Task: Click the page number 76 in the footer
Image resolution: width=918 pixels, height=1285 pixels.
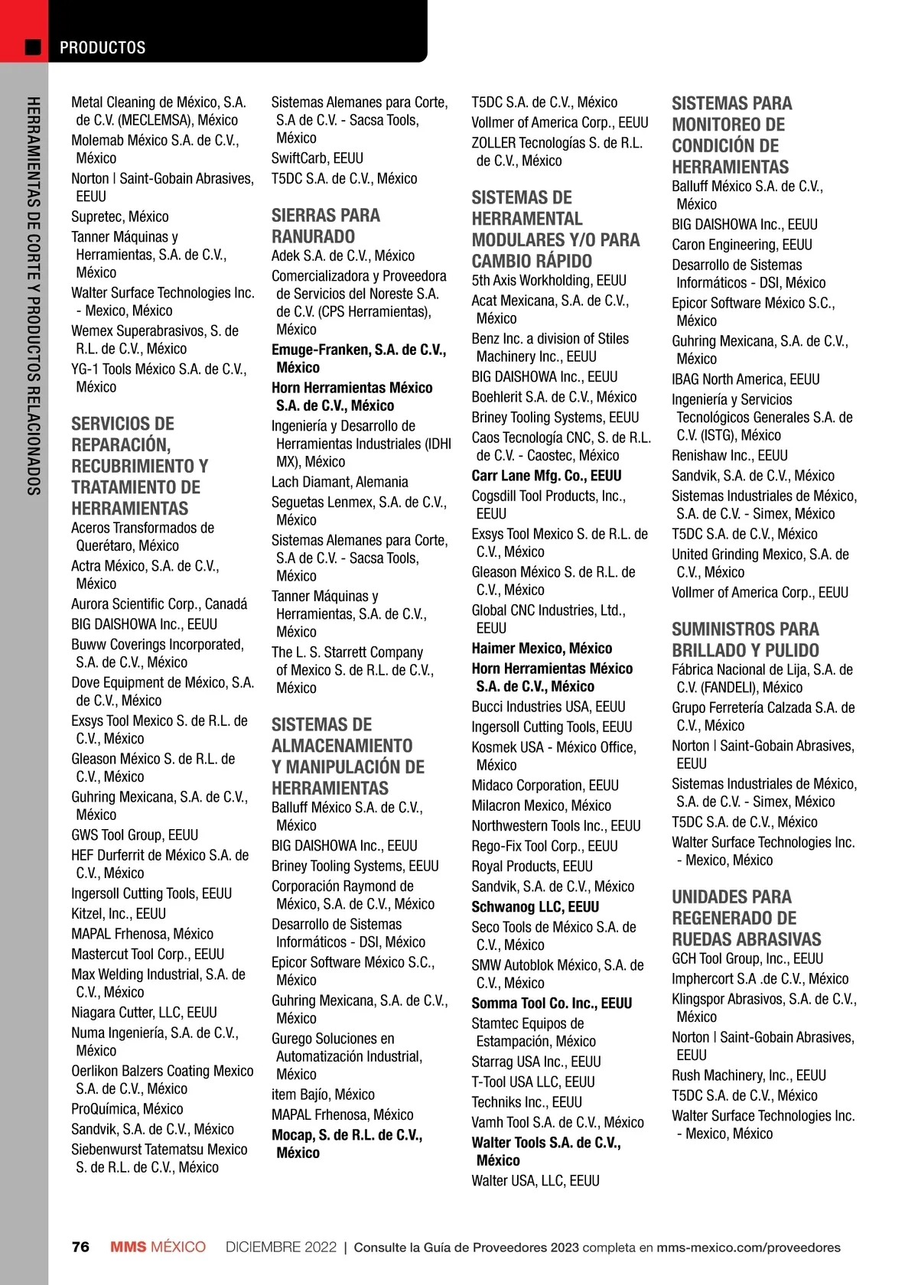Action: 80,1247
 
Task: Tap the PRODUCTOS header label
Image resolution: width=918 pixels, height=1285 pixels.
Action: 103,47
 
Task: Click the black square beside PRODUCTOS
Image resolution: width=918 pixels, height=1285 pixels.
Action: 33,47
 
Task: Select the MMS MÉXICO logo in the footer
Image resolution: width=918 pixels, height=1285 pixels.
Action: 158,1247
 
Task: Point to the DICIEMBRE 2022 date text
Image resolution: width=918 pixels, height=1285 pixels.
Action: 281,1247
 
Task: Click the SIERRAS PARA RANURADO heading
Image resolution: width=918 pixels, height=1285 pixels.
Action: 325,226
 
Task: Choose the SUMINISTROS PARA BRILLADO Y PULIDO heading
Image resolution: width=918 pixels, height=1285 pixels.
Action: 745,639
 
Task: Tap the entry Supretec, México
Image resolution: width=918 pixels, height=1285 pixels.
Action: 120,216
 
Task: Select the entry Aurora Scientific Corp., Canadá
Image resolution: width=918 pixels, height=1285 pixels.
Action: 159,603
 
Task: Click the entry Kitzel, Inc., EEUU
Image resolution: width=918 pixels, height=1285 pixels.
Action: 119,913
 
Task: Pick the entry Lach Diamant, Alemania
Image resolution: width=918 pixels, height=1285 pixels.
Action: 340,482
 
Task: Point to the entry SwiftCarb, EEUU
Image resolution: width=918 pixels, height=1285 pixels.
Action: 317,158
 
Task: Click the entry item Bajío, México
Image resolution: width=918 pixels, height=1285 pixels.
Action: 323,1095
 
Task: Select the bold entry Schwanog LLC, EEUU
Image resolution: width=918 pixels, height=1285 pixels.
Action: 535,906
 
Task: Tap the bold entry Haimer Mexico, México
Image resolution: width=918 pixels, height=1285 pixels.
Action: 542,648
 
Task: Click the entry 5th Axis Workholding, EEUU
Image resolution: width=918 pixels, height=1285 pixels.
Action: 549,280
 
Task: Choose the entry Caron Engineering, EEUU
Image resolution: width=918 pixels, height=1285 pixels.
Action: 742,245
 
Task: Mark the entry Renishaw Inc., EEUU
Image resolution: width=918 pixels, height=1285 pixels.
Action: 730,455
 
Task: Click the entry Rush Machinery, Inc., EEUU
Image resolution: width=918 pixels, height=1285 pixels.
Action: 749,1075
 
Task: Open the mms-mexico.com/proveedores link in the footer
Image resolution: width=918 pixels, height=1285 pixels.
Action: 748,1247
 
